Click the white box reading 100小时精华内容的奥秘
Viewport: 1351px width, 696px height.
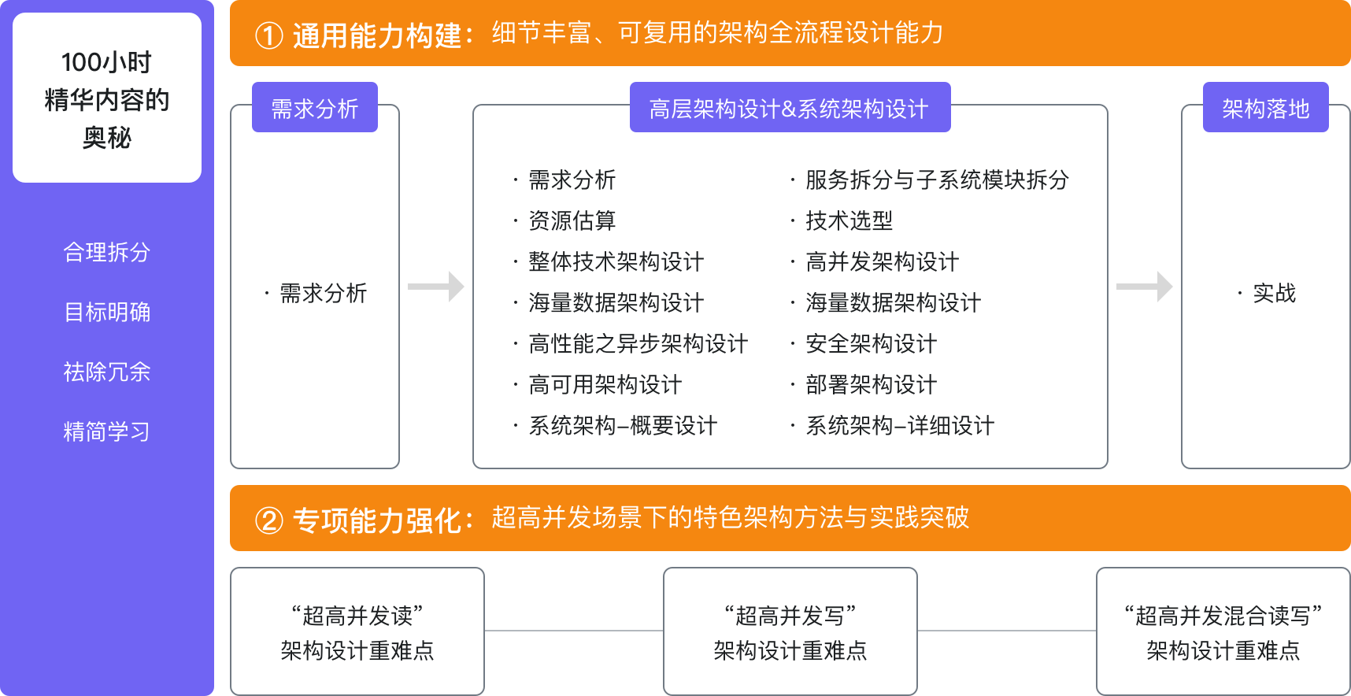107,98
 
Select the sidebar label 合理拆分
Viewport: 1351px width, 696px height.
107,253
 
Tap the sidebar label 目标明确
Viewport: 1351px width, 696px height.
107,313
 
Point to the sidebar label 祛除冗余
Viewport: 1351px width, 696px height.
107,372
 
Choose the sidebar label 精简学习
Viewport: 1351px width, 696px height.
107,432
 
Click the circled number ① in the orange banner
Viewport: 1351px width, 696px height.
269,35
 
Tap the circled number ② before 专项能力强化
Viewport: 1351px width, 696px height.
269,520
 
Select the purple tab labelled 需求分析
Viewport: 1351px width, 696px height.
315,108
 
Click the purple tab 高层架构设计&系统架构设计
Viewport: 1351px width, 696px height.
790,108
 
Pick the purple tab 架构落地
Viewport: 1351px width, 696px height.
1265,108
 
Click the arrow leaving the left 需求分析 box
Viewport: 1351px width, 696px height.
436,287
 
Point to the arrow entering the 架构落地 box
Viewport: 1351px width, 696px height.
1145,287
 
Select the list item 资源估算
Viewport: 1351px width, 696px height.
572,221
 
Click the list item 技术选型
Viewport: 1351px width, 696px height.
849,221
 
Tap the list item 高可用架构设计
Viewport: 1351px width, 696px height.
605,385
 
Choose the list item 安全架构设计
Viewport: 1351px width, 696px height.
871,344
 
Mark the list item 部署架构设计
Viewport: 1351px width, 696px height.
871,385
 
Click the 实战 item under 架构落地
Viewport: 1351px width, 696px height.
1274,294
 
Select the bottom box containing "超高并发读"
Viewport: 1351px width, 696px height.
357,631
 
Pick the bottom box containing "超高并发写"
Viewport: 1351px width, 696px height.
790,631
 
